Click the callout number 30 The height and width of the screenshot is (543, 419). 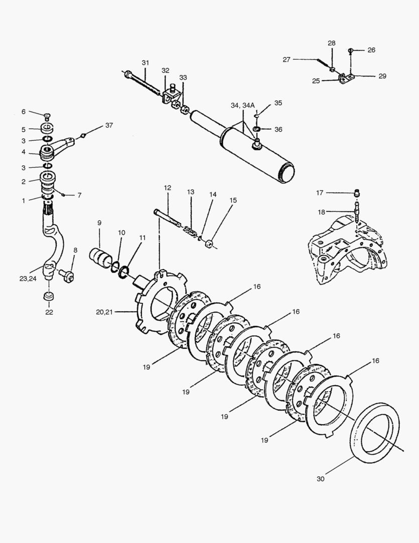click(321, 479)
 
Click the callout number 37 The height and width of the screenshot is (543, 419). click(109, 125)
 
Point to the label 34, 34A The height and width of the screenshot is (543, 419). click(243, 105)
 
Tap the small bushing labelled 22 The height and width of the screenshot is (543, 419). click(49, 297)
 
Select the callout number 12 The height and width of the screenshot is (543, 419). click(167, 188)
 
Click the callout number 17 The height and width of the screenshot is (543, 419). click(320, 193)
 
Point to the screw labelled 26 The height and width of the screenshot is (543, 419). click(351, 50)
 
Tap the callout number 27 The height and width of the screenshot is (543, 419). click(287, 59)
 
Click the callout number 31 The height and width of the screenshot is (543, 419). click(145, 63)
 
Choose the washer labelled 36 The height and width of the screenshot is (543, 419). click(256, 130)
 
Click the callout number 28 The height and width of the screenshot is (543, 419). click(332, 43)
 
